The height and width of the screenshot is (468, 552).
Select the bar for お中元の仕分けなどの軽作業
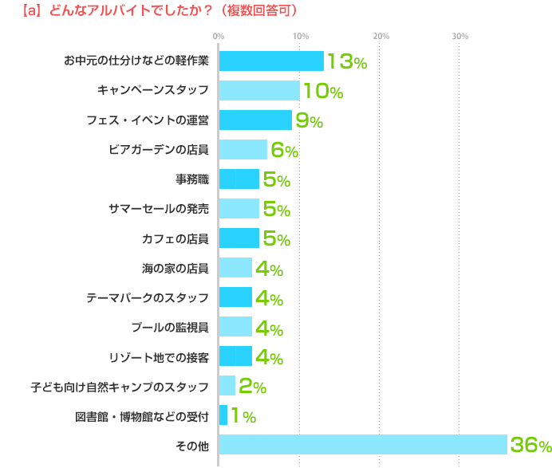[271, 61]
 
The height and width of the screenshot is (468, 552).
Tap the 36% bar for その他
[363, 445]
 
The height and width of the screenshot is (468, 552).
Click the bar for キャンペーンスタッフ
[259, 91]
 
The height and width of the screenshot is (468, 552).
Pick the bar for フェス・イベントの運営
[255, 120]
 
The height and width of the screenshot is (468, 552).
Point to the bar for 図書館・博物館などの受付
[223, 415]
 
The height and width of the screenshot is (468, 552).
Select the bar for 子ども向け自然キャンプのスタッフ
[227, 386]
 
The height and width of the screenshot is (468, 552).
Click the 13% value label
[346, 62]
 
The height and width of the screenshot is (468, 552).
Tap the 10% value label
[322, 92]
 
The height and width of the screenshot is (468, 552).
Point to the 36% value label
[530, 446]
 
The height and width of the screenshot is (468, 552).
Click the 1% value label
[242, 416]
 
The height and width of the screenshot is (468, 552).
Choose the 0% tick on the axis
[218, 36]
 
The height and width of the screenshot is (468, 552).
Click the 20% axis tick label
[380, 36]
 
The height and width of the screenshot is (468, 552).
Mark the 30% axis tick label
[460, 36]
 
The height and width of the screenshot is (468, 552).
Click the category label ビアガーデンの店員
[159, 150]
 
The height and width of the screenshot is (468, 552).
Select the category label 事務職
[192, 179]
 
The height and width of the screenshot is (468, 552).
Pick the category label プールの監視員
[170, 327]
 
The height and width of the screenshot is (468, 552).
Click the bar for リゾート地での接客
[235, 356]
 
